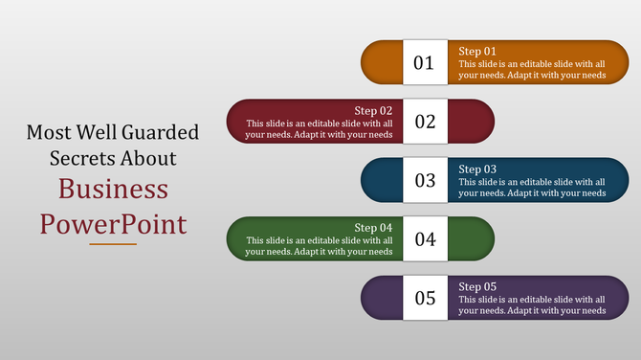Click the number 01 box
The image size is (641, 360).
[424, 63]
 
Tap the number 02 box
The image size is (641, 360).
[424, 122]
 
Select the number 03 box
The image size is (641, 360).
[424, 180]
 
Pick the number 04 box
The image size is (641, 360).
[424, 238]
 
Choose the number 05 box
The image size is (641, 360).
[424, 298]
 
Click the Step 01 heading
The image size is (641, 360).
[477, 51]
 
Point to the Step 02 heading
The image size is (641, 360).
[373, 110]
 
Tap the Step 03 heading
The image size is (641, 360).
[477, 169]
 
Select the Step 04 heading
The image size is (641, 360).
[373, 227]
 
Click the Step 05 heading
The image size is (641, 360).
[477, 286]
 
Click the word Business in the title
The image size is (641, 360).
[113, 189]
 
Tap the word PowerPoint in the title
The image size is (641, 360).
[113, 224]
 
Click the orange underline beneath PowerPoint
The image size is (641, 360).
[113, 244]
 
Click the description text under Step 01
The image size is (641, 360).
[532, 69]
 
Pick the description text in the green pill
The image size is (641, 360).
[319, 246]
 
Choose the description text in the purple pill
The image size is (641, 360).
[532, 304]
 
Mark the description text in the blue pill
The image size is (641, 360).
[532, 187]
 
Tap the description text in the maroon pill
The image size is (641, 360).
[319, 129]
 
